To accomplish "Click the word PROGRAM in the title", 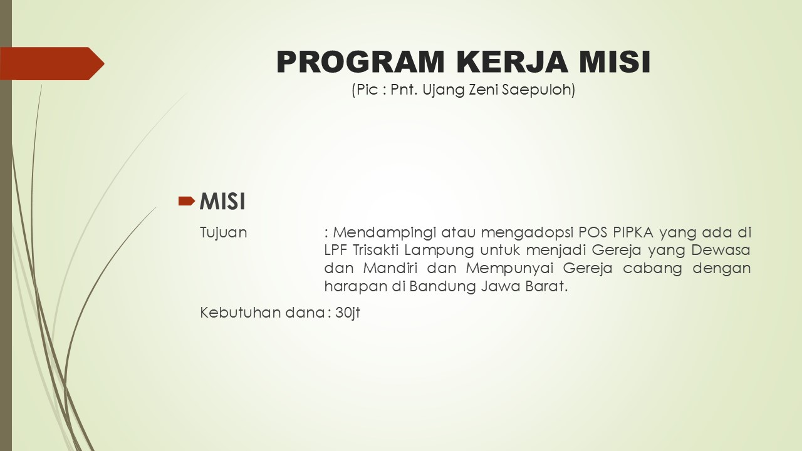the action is tap(360, 62).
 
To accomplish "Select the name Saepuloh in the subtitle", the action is tap(538, 90).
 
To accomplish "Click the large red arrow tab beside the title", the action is tap(52, 63).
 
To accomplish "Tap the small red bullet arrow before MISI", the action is tap(187, 201).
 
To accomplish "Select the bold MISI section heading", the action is tap(222, 201).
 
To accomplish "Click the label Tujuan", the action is tap(224, 233).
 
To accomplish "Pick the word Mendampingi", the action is tap(385, 233).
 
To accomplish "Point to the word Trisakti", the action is tap(376, 250).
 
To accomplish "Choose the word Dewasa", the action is tap(721, 250).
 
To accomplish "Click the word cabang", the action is tap(652, 269).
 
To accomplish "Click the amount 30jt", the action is tap(348, 313).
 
